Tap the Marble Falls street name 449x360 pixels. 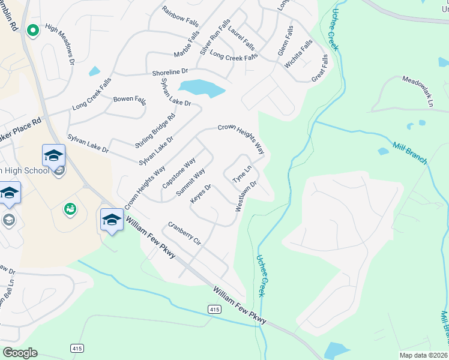[186, 44]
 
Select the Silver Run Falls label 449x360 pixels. [215, 37]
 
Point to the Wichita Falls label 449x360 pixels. [298, 53]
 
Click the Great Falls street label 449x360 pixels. [320, 69]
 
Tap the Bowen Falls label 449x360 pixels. [130, 99]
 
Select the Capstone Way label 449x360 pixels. [179, 173]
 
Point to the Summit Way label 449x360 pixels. [191, 184]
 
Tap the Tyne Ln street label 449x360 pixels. [241, 172]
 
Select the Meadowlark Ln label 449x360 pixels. [417, 89]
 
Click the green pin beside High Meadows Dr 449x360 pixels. [32, 29]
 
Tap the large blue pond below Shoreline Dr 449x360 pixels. [201, 88]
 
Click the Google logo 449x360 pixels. [19, 353]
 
